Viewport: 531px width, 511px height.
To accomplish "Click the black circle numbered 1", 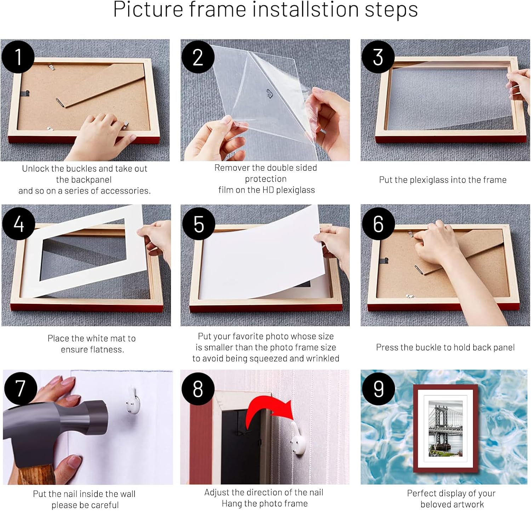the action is pyautogui.click(x=18, y=57).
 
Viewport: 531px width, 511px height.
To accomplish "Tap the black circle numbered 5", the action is pyautogui.click(x=199, y=224).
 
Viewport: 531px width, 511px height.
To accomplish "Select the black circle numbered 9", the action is pyautogui.click(x=378, y=389).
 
